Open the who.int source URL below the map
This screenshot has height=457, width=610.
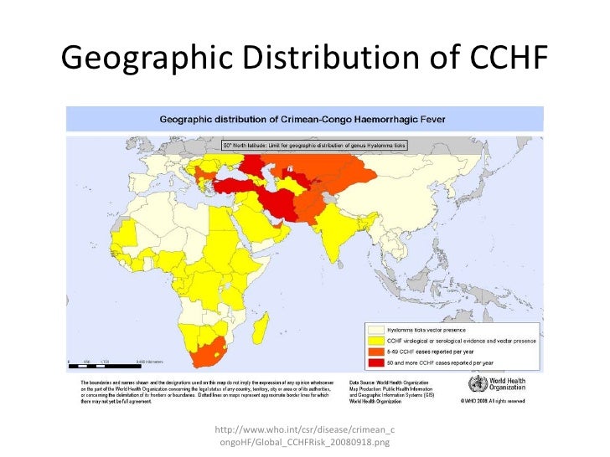304,429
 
